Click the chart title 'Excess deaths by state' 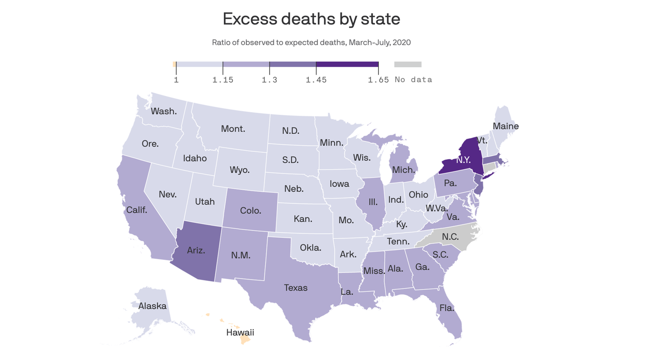[311, 19]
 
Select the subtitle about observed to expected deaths [311, 43]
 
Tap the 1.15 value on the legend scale [222, 80]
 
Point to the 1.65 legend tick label [378, 80]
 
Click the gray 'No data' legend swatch [407, 64]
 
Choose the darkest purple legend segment [347, 64]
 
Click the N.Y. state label [463, 160]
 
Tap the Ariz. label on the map [196, 251]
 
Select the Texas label [296, 287]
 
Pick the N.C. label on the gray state [450, 237]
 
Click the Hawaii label [240, 333]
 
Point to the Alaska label [152, 306]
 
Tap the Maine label [506, 126]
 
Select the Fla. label [447, 308]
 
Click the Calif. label [136, 210]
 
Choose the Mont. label [233, 129]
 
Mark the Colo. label [250, 211]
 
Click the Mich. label [404, 170]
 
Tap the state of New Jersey [478, 185]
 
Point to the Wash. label [164, 112]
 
